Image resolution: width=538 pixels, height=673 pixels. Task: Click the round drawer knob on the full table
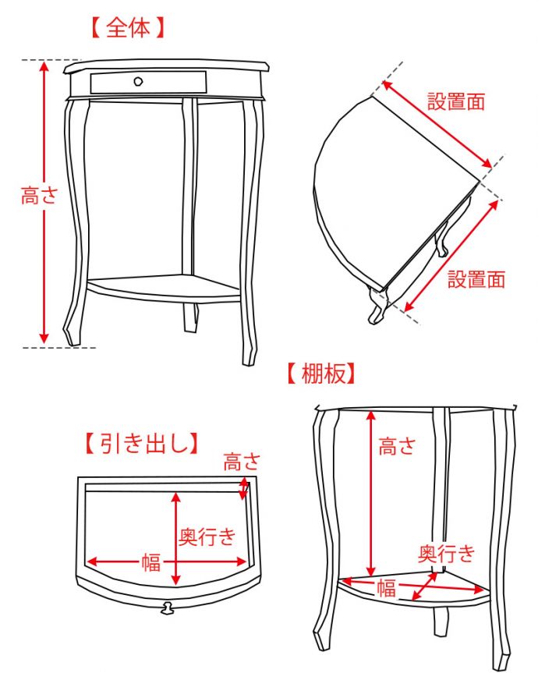[139, 81]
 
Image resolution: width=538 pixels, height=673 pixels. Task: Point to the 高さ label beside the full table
[39, 196]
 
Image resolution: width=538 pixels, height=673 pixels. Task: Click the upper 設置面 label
[456, 101]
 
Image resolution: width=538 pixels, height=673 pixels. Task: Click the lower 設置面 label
[476, 279]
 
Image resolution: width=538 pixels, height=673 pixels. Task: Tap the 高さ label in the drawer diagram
[242, 462]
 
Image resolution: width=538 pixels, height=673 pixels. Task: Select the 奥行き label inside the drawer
[207, 537]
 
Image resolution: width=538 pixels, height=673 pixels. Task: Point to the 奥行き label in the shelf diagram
[447, 554]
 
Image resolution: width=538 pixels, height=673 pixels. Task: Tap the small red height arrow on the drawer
[245, 488]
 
